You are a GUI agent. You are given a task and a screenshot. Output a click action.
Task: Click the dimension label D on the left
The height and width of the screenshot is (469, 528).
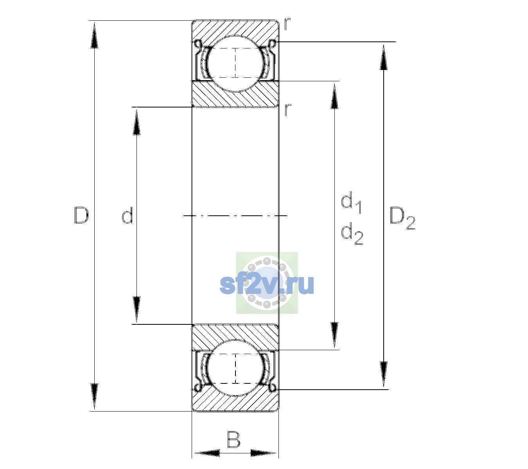tap(81, 215)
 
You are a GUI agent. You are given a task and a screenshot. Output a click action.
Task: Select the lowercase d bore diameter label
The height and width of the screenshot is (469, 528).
tap(127, 215)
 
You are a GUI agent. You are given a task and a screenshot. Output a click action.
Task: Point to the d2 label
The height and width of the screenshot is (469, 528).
tap(352, 233)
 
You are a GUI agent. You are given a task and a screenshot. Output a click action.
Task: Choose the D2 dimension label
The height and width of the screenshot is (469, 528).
tap(402, 218)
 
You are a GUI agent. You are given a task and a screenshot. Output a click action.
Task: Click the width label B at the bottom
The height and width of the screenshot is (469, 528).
tap(233, 440)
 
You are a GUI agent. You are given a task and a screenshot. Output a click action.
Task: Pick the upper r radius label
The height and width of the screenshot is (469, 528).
tap(287, 24)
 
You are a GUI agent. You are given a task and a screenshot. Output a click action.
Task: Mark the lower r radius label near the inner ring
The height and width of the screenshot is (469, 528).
tap(287, 110)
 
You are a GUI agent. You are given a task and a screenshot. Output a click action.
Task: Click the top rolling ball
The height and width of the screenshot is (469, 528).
tap(235, 64)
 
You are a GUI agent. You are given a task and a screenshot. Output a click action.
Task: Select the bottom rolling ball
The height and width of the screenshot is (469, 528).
tap(235, 368)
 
